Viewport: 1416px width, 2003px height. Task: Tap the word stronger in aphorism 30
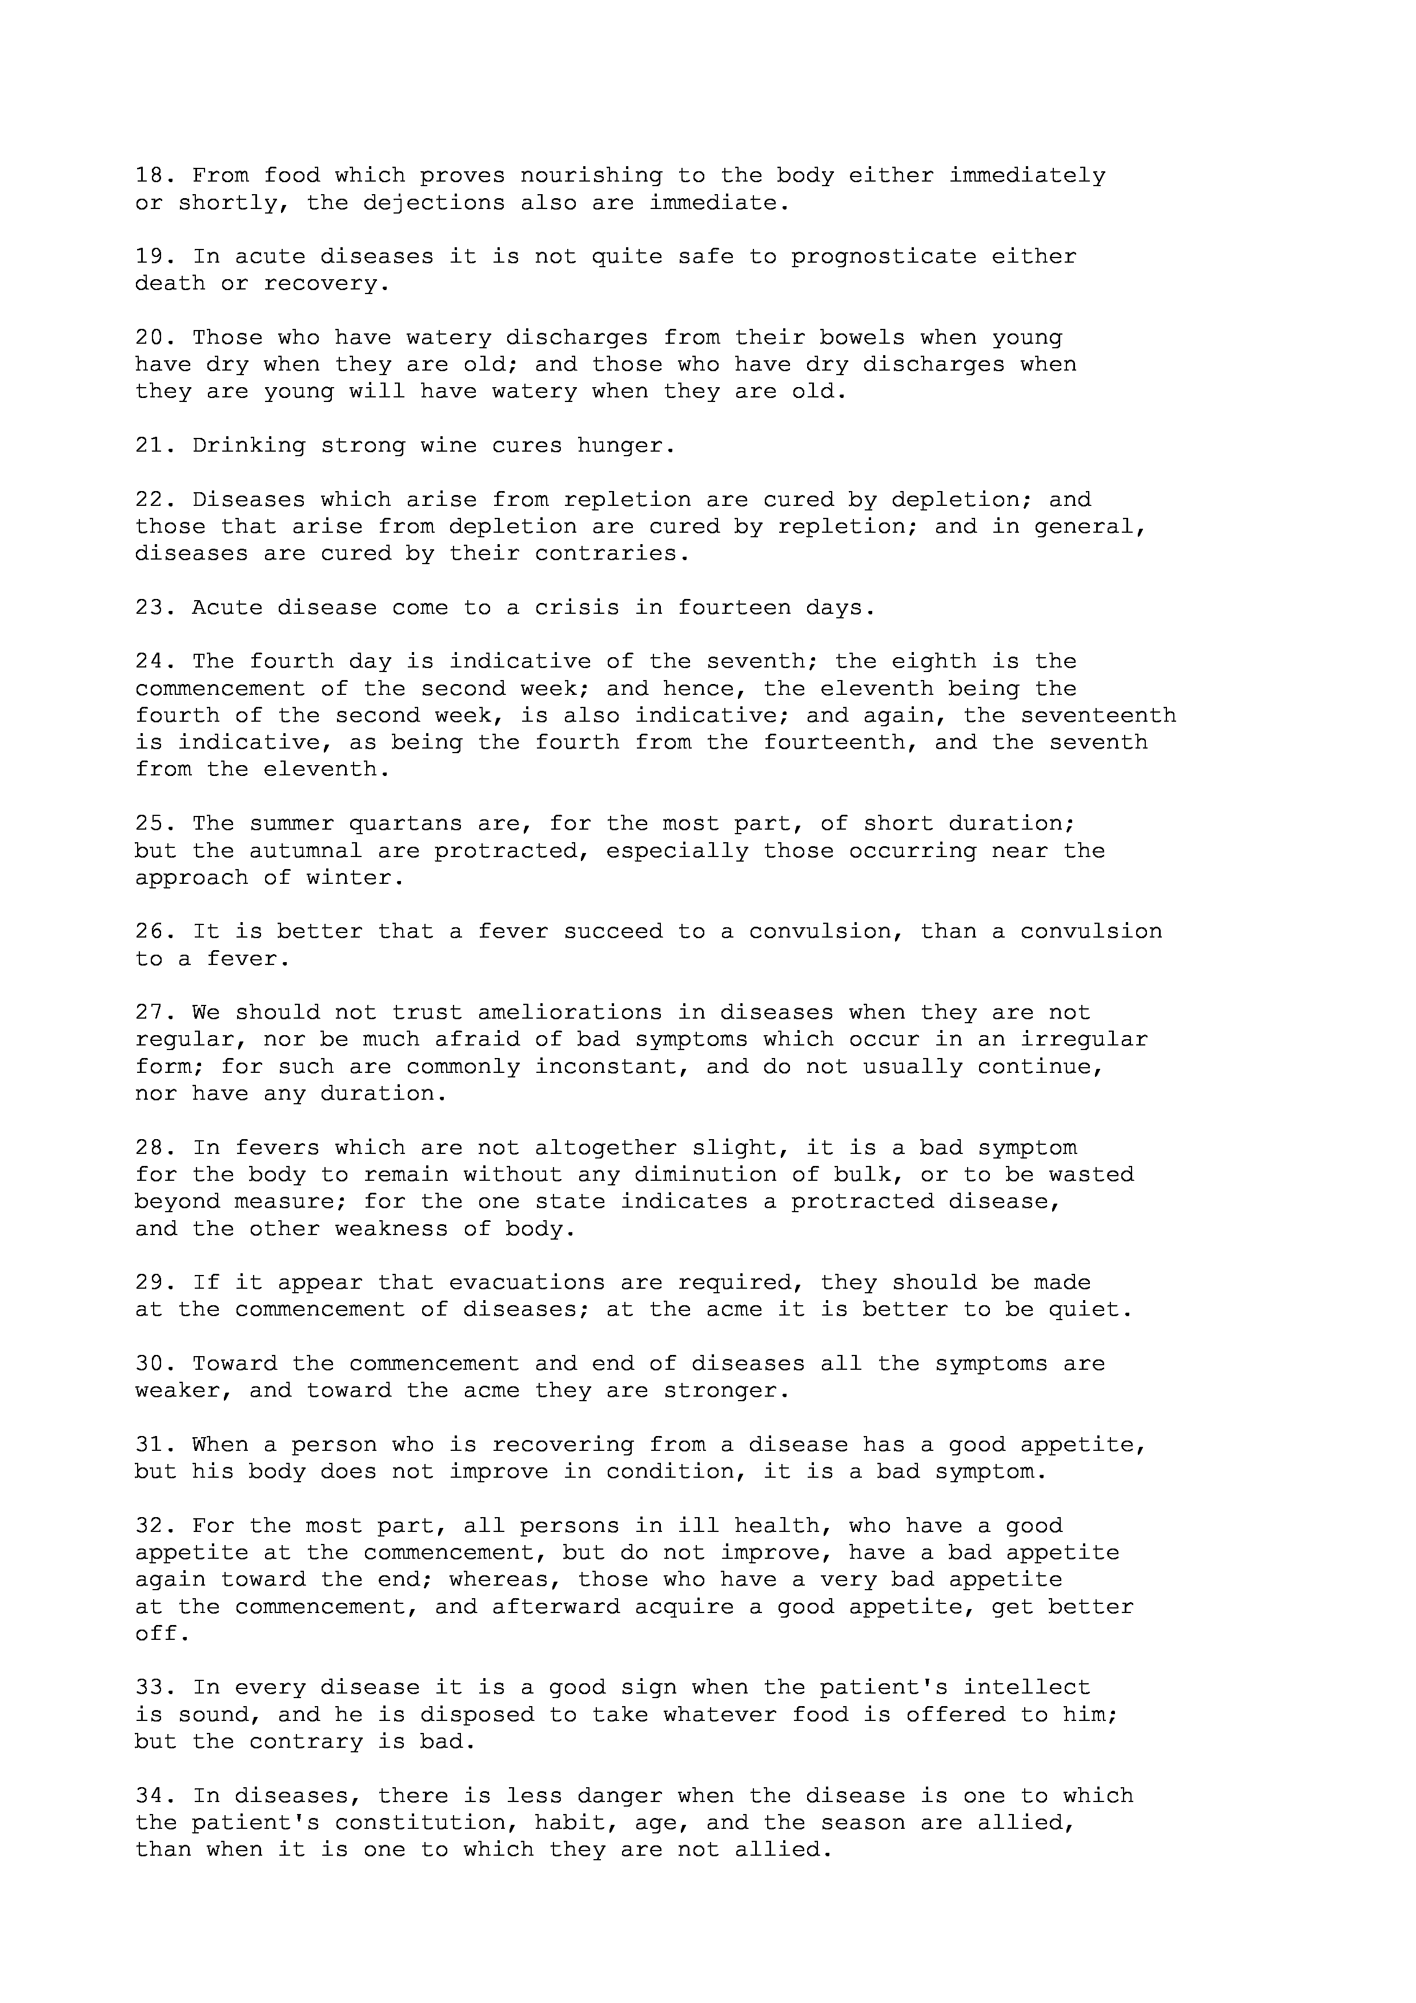click(720, 1390)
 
